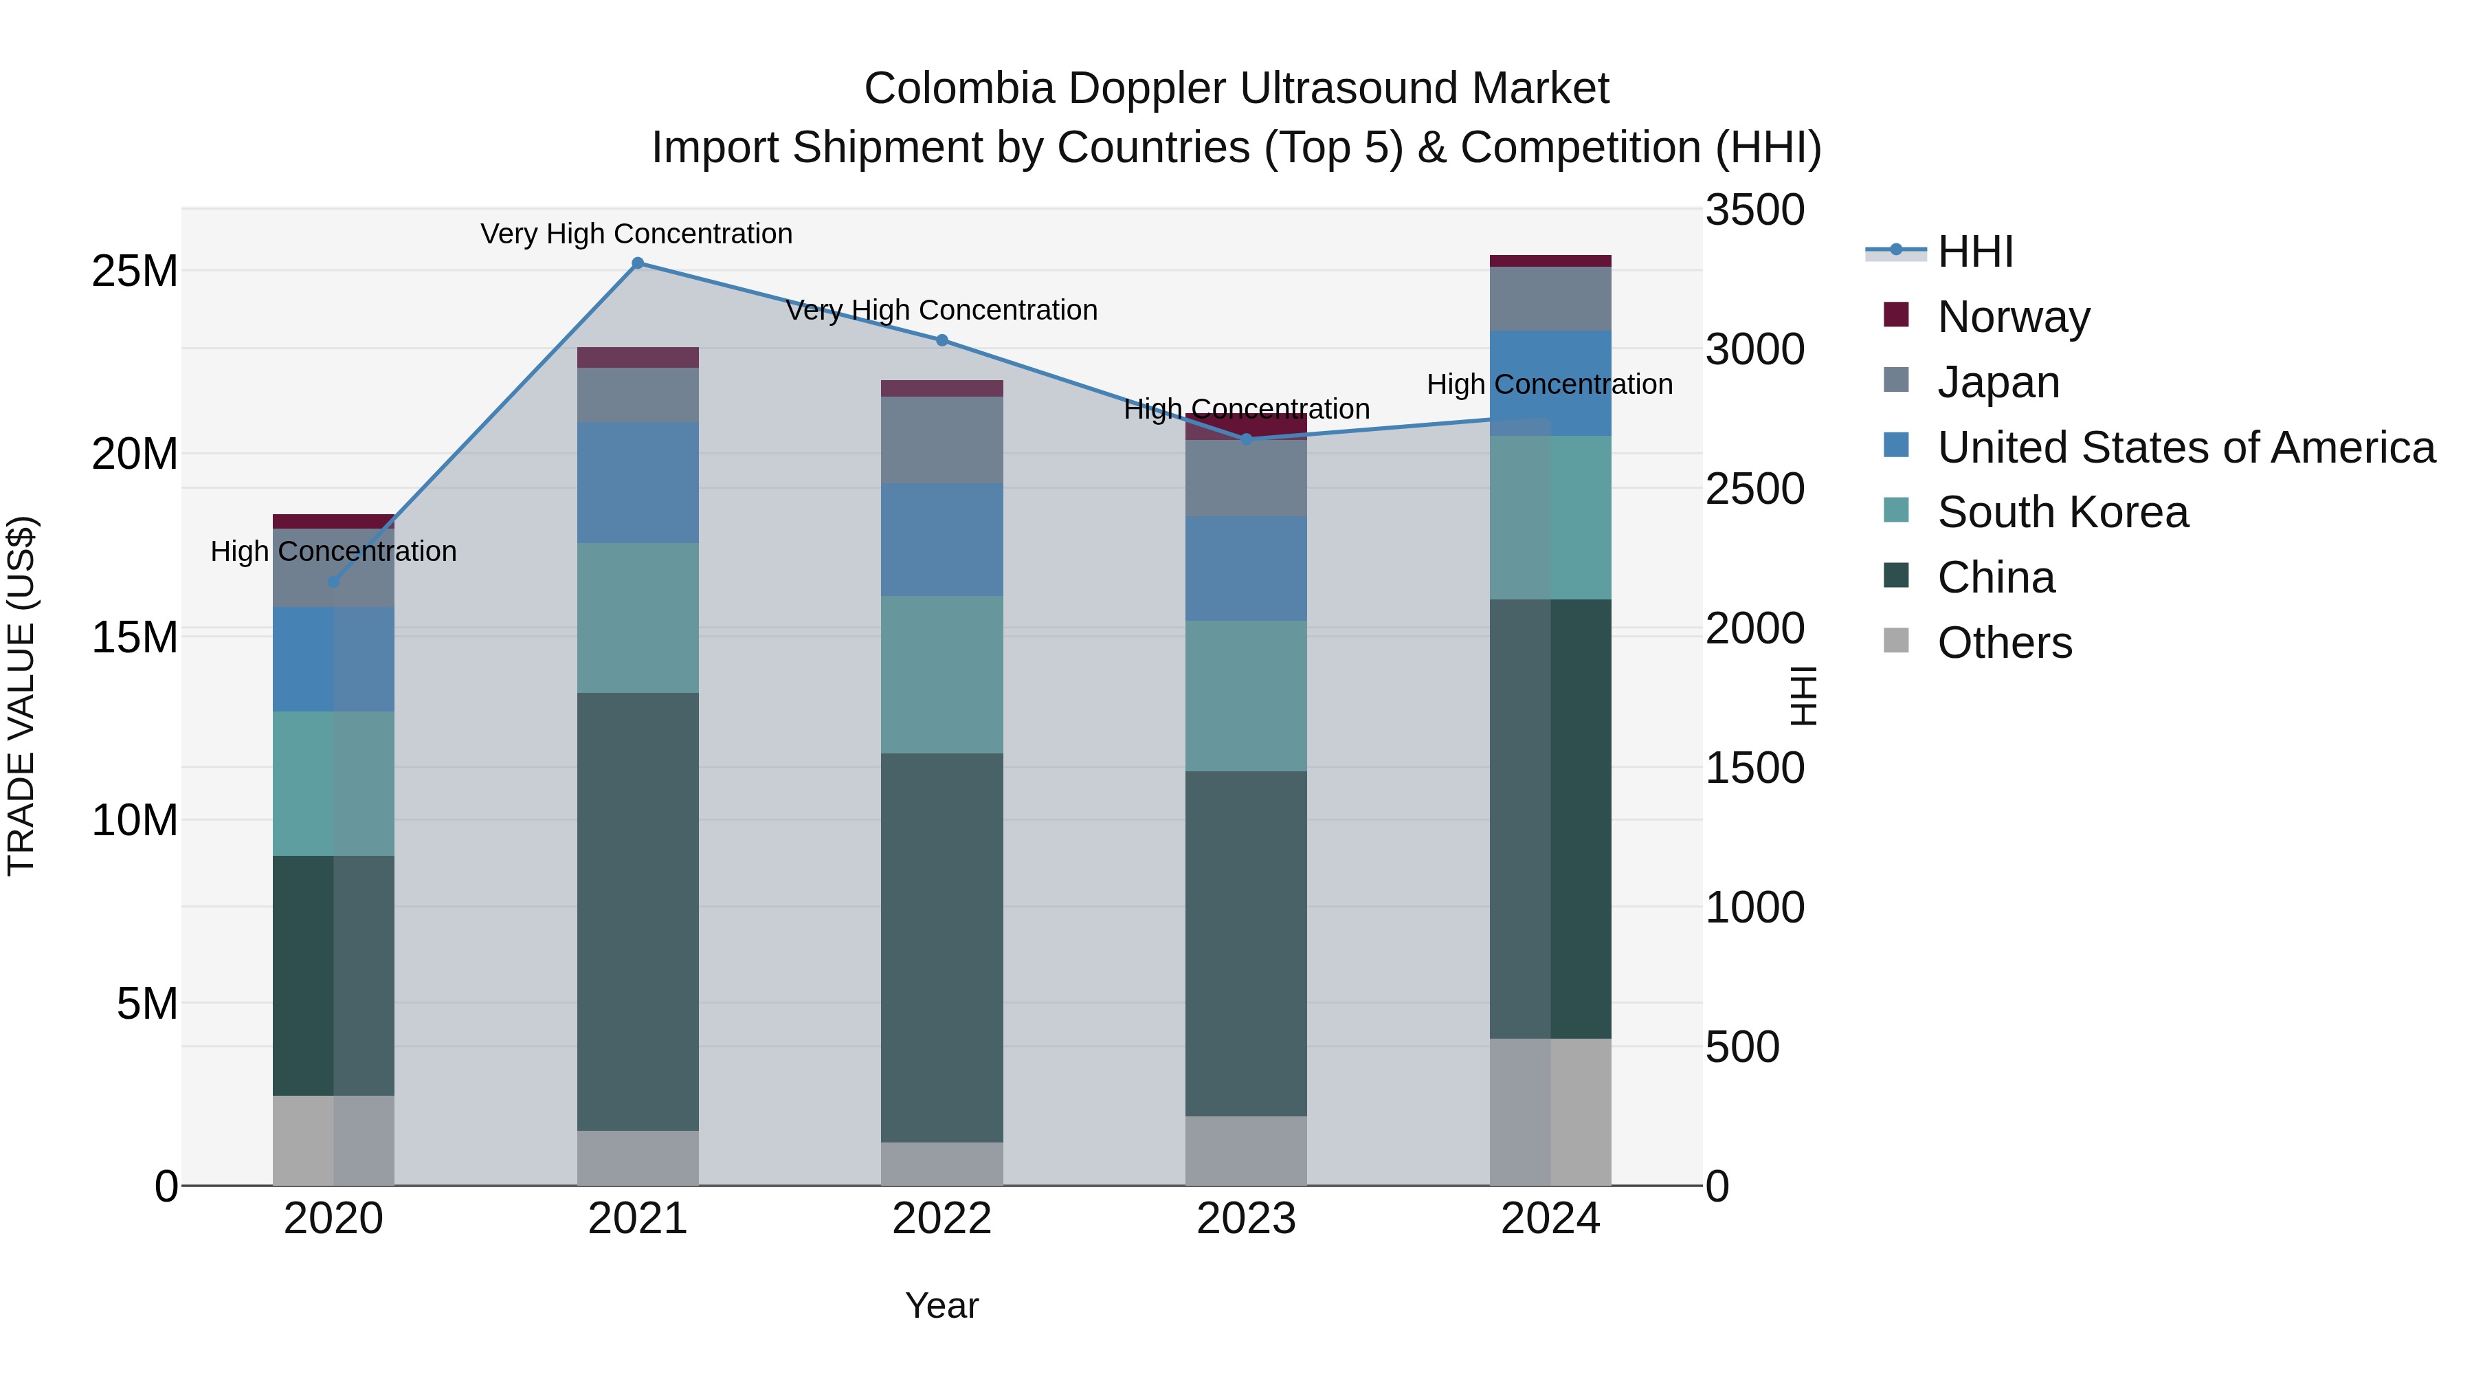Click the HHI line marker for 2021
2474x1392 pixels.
point(638,263)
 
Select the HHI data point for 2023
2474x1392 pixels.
point(1247,439)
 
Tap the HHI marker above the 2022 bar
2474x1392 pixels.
point(942,340)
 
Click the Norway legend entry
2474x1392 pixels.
point(2013,317)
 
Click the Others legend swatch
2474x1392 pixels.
point(1896,641)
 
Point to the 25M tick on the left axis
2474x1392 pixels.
point(135,272)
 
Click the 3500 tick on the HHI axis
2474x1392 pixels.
point(1754,210)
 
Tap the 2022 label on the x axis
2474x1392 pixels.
point(941,1219)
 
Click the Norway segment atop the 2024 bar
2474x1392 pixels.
point(1550,261)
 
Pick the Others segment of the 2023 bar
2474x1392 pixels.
point(1246,1150)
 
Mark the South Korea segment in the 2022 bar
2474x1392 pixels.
point(941,674)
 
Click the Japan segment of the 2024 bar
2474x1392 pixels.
point(1550,299)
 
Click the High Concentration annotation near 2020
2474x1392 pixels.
point(333,551)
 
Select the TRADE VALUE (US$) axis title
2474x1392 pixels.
point(21,696)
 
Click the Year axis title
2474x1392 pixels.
point(941,1305)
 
